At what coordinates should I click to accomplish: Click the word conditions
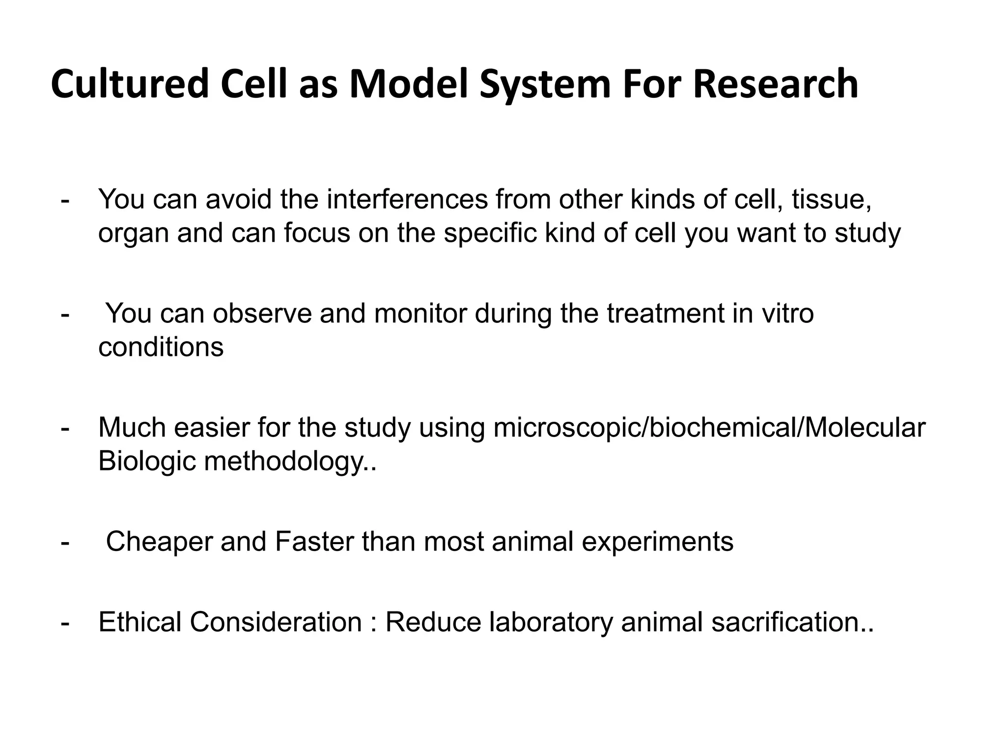point(161,347)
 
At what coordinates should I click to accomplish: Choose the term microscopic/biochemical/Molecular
point(709,427)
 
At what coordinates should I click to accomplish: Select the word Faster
point(314,542)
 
